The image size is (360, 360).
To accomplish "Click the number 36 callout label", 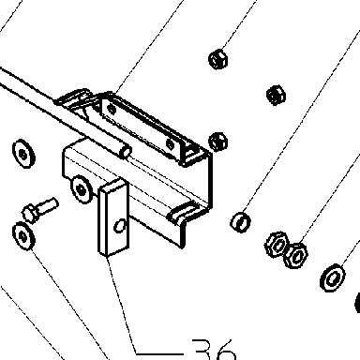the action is point(214,350).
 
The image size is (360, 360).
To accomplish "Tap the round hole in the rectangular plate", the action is point(120,226).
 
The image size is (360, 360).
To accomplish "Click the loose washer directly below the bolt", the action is point(23,236).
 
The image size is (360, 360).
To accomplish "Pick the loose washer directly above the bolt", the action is point(23,154).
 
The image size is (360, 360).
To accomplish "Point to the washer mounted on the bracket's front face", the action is point(82,188).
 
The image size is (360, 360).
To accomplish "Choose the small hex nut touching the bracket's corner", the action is point(218,142).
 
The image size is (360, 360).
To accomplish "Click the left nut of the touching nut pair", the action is point(277,245).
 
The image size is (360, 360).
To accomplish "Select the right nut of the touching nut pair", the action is point(295,255).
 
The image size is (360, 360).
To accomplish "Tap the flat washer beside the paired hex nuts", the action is point(333,277).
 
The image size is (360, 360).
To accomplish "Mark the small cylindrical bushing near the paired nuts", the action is point(241,222).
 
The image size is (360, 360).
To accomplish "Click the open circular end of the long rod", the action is point(127,152).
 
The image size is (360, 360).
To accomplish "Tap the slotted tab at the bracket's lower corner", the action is point(183,213).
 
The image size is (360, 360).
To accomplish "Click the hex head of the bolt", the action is point(29,213).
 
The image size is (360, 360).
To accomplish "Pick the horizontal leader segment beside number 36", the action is point(159,354).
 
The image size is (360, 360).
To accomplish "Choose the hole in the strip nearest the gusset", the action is point(171,143).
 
